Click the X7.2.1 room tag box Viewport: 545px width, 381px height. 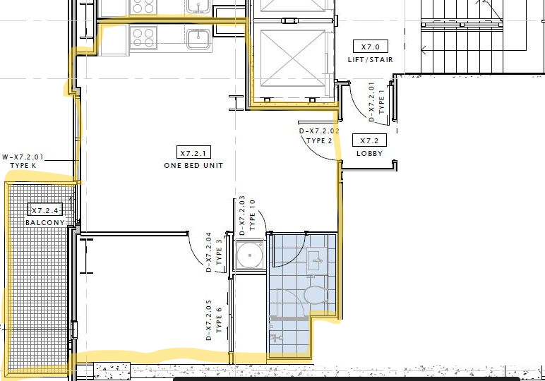click(193, 152)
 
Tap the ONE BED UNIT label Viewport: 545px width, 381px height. click(193, 166)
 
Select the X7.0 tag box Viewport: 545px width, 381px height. click(370, 47)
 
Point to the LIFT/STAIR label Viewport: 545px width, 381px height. click(371, 60)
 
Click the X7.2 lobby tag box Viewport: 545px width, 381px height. click(369, 140)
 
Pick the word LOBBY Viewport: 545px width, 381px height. click(369, 154)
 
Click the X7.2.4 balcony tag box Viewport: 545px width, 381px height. click(45, 210)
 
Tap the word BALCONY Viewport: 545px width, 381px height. click(45, 223)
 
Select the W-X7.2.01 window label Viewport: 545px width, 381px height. click(23, 157)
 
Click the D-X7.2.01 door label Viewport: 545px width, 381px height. click(371, 102)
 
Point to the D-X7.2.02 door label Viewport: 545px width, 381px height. click(319, 131)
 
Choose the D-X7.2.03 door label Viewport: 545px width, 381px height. click(242, 215)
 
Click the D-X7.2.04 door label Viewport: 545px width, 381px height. click(208, 252)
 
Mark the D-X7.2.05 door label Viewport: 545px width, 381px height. click(208, 320)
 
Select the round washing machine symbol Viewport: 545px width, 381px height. click(250, 255)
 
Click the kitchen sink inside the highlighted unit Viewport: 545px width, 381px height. click(199, 40)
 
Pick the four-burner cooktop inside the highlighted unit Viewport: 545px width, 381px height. click(143, 37)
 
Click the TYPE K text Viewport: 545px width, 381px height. click(23, 166)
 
